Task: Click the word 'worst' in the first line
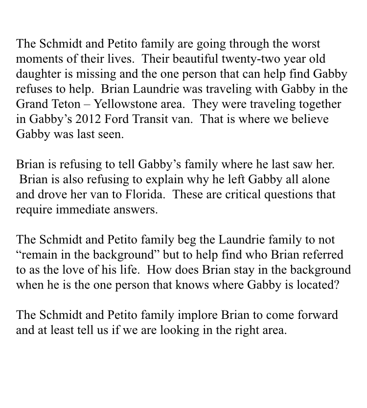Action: [x=303, y=44]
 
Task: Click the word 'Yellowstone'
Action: [x=123, y=104]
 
